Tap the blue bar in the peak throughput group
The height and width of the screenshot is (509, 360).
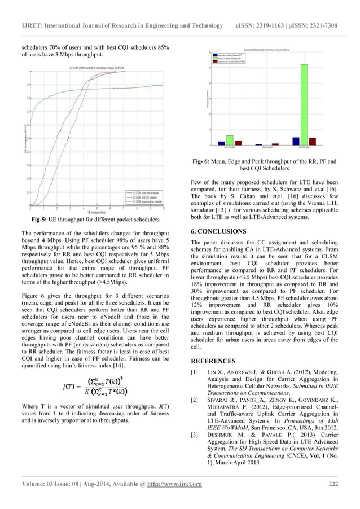tap(296, 142)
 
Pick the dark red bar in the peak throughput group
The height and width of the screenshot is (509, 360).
tap(312, 142)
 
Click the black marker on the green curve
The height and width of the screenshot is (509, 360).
tap(113, 89)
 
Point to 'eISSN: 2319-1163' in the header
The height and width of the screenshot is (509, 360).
tap(263, 26)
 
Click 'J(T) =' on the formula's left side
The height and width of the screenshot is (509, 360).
tap(73, 387)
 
